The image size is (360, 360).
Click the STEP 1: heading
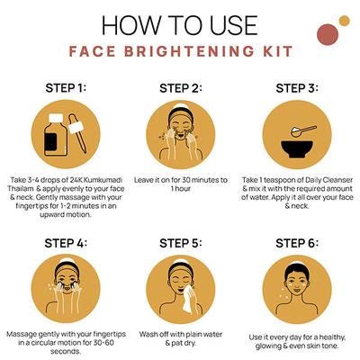coord(64,88)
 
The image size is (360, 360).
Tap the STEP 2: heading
coord(180,88)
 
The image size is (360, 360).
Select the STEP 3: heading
coord(296,88)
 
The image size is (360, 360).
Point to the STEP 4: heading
coord(64,243)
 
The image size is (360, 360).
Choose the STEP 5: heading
coord(180,243)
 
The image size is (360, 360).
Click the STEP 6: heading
coord(296,243)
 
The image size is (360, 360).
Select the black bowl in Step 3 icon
coord(295,146)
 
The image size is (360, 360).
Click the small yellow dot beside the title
coord(344,21)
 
